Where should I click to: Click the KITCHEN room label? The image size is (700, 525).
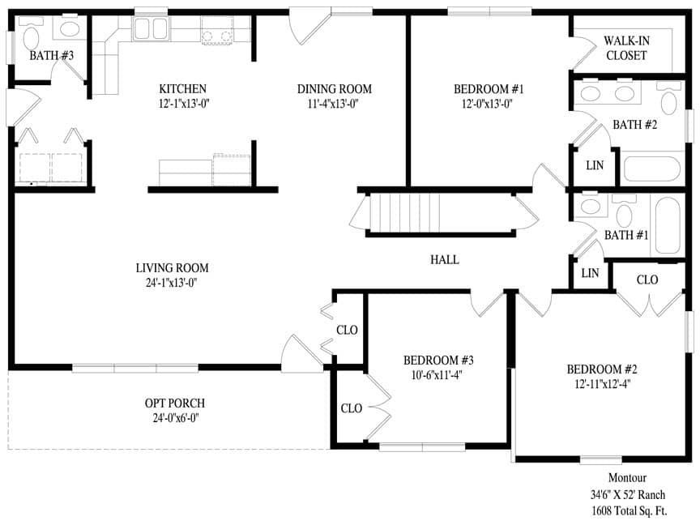point(182,88)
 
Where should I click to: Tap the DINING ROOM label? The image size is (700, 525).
point(334,88)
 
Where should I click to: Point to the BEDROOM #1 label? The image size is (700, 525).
point(484,88)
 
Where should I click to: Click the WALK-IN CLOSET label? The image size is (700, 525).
point(625,49)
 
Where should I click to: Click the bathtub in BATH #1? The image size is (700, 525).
point(671,224)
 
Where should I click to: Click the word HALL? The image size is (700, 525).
point(445,260)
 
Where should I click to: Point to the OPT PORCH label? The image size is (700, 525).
point(175,403)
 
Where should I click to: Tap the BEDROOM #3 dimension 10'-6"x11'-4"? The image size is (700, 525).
point(438,374)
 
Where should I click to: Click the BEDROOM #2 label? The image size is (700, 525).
point(598,369)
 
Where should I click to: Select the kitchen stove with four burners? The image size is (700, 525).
point(215,31)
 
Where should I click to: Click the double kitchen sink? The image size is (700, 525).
point(151,30)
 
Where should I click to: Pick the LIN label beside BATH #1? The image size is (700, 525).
point(590,273)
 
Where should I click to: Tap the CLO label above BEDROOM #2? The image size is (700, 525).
point(647,280)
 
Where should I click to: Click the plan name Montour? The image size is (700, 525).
point(628,478)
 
